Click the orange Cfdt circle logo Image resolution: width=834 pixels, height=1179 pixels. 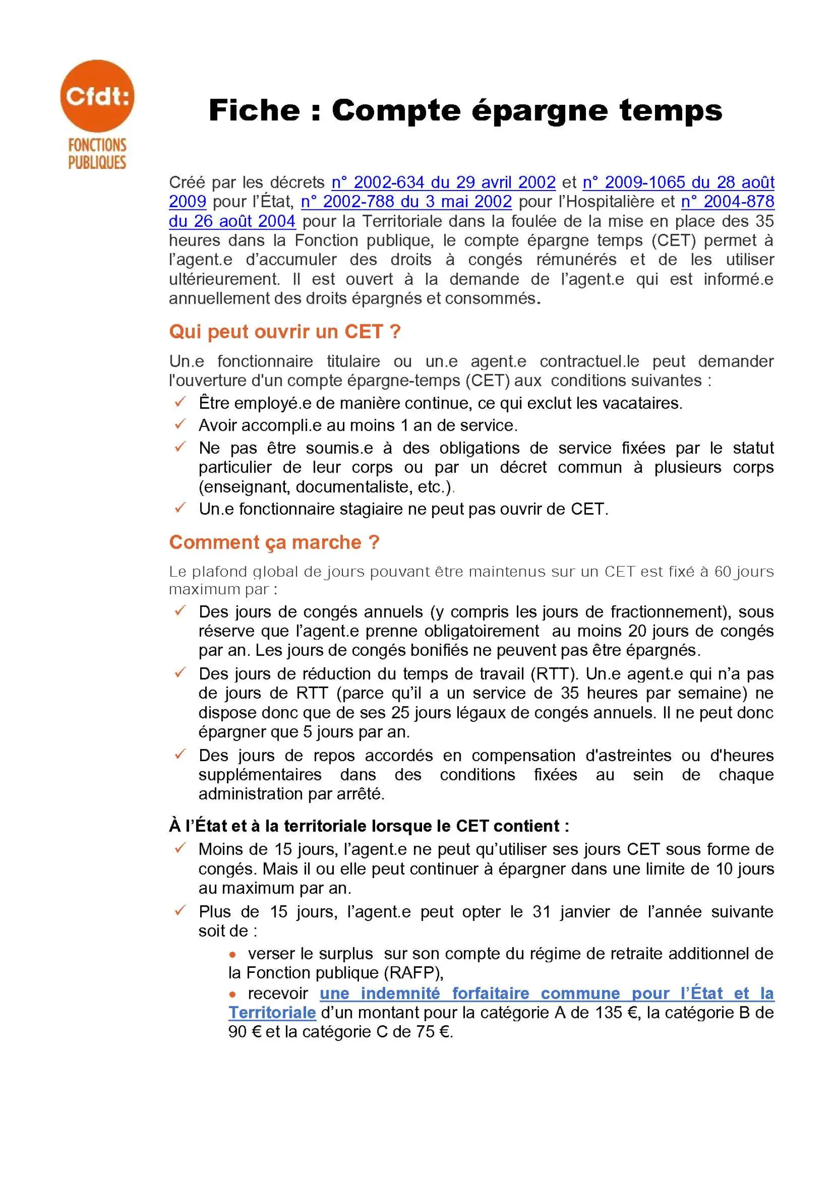point(97,96)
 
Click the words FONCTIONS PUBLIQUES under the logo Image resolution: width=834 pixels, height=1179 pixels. point(97,154)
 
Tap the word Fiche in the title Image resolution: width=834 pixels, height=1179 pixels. point(254,110)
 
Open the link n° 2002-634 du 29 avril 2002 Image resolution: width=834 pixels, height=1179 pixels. point(443,182)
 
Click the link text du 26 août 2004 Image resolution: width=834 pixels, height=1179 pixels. point(232,221)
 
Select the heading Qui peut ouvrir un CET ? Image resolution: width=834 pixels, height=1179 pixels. point(284,332)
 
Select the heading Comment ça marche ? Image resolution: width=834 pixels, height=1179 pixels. point(274,542)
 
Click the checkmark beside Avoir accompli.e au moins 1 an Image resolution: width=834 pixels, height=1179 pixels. point(180,424)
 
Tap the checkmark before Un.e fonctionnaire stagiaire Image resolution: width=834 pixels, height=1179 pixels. point(180,508)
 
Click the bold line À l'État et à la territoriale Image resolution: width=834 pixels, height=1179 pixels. point(369,826)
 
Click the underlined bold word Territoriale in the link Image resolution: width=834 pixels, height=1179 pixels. point(272,1012)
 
